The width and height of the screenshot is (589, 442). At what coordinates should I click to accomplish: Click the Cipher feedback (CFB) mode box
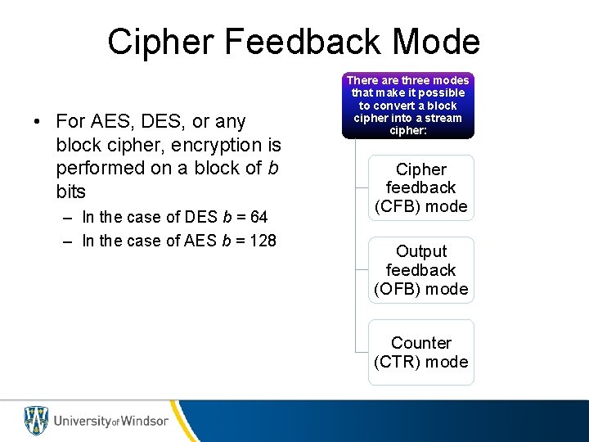420,188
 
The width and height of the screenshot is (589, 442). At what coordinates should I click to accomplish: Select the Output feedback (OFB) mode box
420,270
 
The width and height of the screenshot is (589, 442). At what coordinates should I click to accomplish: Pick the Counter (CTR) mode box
420,352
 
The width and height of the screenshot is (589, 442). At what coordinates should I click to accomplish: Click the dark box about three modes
408,105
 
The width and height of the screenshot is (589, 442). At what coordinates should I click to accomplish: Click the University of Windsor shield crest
36,421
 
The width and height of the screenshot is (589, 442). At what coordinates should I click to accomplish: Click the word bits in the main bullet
70,192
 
